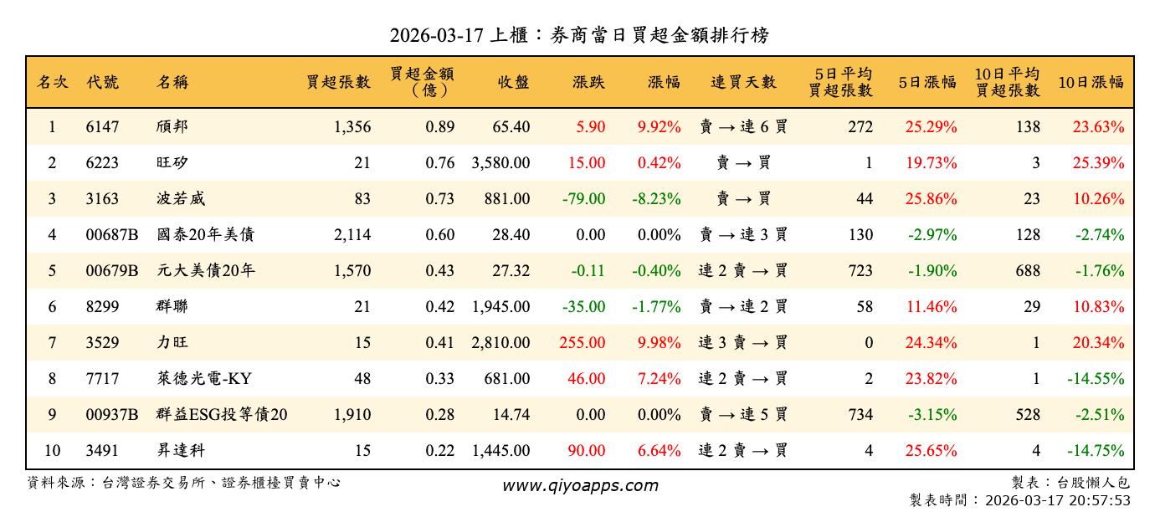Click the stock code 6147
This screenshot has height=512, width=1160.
click(x=102, y=127)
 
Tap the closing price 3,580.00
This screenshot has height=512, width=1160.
click(x=500, y=163)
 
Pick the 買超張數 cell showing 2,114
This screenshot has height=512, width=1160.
click(x=352, y=235)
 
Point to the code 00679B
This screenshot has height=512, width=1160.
click(x=111, y=271)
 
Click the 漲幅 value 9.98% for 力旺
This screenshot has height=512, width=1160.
click(x=659, y=343)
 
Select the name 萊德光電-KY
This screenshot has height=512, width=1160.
click(x=203, y=379)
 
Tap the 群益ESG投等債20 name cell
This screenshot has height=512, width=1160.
click(x=222, y=415)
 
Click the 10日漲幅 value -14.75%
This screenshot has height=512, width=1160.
click(x=1096, y=451)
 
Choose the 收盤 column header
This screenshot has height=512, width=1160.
click(x=513, y=82)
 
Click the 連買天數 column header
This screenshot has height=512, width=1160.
click(x=743, y=82)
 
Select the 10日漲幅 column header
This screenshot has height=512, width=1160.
click(x=1091, y=82)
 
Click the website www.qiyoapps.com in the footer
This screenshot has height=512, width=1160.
click(x=580, y=485)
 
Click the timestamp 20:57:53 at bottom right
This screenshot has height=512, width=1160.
click(x=1101, y=500)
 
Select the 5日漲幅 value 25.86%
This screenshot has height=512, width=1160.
click(x=931, y=199)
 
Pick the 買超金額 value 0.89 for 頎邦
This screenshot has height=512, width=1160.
click(x=439, y=127)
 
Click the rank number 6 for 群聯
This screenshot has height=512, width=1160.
click(x=52, y=307)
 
